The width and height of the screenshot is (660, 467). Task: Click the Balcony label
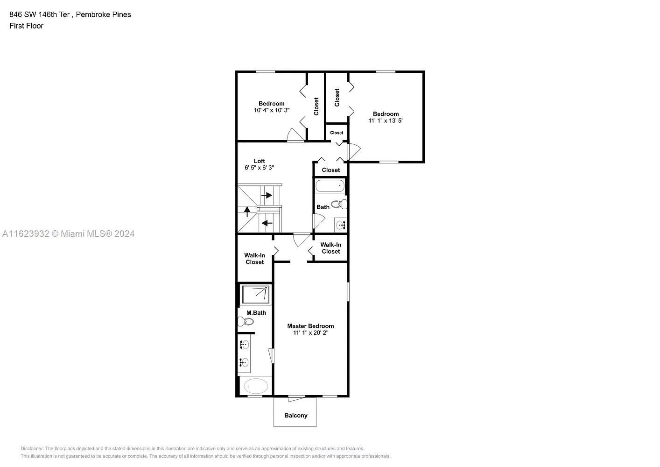(296, 416)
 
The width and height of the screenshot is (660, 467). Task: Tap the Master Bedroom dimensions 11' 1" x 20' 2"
(310, 333)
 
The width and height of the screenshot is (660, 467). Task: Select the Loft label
(260, 161)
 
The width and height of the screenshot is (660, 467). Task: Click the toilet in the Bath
(339, 204)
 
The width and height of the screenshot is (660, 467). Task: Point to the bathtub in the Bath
(330, 186)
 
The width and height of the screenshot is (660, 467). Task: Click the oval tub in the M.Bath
(256, 386)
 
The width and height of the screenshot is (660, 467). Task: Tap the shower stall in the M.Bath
(255, 294)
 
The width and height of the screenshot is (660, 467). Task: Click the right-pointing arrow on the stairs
(267, 195)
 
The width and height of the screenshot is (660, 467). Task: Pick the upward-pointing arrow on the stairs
(247, 212)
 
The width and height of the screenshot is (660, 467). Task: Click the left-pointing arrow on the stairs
(267, 223)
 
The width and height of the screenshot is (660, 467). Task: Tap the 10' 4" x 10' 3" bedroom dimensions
(272, 110)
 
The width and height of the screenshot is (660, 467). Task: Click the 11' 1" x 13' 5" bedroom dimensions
(386, 120)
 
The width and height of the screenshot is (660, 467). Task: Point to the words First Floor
(26, 26)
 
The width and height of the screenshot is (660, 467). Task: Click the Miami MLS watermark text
(68, 234)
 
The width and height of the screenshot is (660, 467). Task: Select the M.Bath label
(256, 313)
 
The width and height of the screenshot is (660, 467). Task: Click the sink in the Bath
(341, 225)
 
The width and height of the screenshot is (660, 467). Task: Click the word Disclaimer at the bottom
(32, 448)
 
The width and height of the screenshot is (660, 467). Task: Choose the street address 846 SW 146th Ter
(40, 14)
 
